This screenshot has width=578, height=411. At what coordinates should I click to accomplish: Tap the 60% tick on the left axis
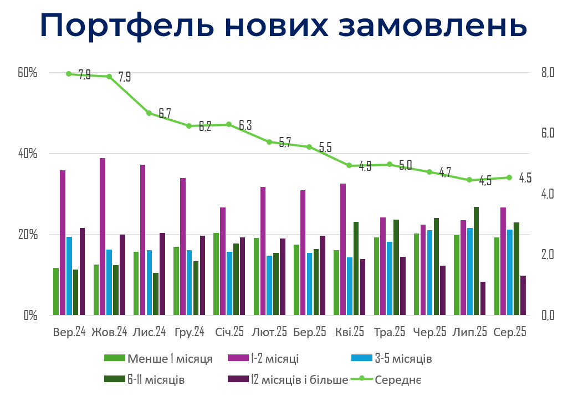(27, 73)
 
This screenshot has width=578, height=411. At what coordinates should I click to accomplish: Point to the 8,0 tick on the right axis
(548, 73)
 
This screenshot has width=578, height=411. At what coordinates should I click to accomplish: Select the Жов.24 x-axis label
(109, 332)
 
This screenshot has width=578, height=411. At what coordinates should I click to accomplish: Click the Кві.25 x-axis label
(350, 332)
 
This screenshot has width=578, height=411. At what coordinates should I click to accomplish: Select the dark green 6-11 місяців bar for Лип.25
(476, 261)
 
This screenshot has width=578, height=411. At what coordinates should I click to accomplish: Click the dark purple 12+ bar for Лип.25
(483, 298)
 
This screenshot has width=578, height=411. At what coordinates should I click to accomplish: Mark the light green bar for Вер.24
(56, 291)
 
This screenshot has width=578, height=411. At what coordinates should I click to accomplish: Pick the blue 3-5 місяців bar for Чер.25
(429, 272)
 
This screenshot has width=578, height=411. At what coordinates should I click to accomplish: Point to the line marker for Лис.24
(149, 113)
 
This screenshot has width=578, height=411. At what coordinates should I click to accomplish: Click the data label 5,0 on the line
(405, 165)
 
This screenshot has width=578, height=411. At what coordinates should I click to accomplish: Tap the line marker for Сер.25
(509, 177)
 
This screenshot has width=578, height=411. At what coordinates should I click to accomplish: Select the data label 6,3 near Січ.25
(245, 125)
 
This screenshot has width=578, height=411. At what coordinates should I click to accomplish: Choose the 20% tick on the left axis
(27, 235)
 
